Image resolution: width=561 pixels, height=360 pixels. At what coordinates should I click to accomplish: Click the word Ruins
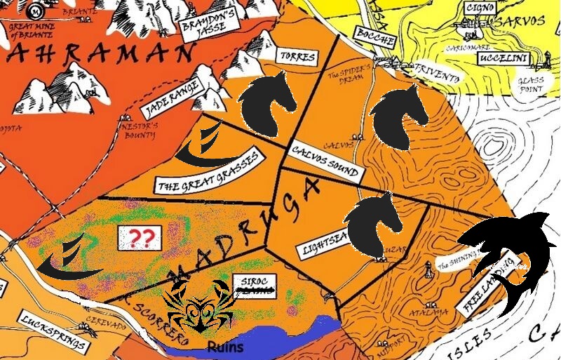pos(229,347)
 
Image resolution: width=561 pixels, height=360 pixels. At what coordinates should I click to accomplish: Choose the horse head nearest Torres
pos(264,102)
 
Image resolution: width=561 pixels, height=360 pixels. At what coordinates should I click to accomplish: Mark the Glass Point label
pos(531,86)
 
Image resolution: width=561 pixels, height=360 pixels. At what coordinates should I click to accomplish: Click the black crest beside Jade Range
pos(198,145)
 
